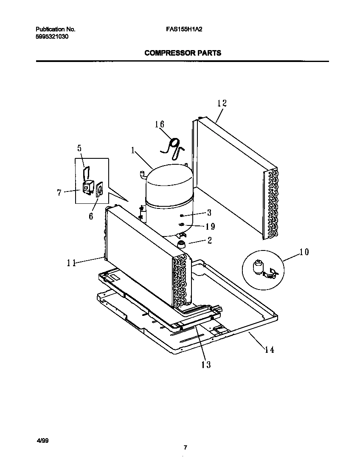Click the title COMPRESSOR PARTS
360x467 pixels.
pyautogui.click(x=183, y=53)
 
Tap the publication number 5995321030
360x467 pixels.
pyautogui.click(x=52, y=37)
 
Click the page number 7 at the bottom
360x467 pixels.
pyautogui.click(x=185, y=447)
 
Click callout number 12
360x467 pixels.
pyautogui.click(x=222, y=103)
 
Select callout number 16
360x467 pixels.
pyautogui.click(x=159, y=124)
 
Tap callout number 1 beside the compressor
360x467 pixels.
pyautogui.click(x=133, y=150)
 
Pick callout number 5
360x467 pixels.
pyautogui.click(x=79, y=148)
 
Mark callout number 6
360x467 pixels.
pyautogui.click(x=91, y=216)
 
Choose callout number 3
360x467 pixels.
pyautogui.click(x=209, y=213)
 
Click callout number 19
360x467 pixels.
pyautogui.click(x=210, y=226)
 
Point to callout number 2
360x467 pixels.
pyautogui.click(x=209, y=241)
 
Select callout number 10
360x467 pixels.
pyautogui.click(x=304, y=252)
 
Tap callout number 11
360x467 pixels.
pyautogui.click(x=71, y=263)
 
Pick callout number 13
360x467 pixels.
pyautogui.click(x=206, y=364)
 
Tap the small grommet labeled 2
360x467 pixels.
pyautogui.click(x=182, y=244)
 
